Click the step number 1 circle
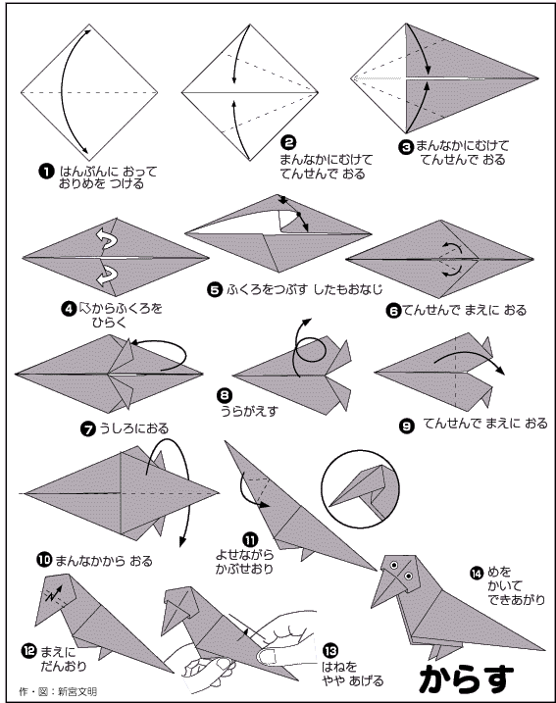[x=46, y=172]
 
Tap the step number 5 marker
[x=215, y=289]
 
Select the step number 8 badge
[x=225, y=395]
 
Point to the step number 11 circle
[x=250, y=540]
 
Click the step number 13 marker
[x=330, y=650]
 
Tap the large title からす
[x=467, y=678]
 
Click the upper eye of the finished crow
[x=394, y=565]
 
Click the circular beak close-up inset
[x=360, y=488]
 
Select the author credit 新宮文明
[x=77, y=691]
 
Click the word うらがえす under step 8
[x=249, y=411]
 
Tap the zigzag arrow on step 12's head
[x=53, y=594]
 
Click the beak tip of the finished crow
[x=373, y=605]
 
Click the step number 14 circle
[x=477, y=573]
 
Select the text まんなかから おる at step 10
[x=104, y=561]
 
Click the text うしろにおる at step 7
[x=133, y=428]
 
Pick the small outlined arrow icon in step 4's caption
[x=84, y=308]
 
